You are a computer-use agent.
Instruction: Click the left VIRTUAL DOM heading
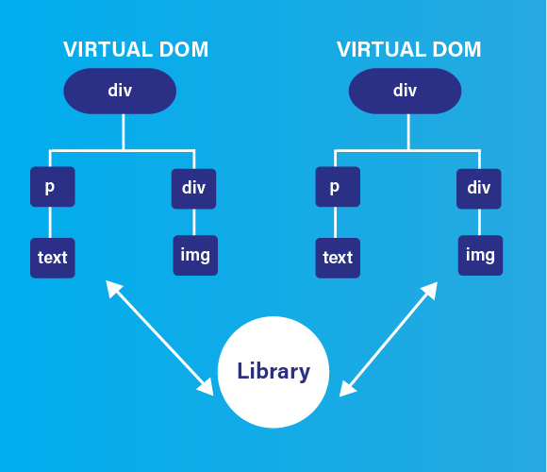136,49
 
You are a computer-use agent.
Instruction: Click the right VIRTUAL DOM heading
409,49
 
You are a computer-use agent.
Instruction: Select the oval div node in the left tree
120,91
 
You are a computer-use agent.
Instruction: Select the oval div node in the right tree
405,91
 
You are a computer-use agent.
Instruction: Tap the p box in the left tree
53,187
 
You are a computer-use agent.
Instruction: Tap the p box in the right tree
338,187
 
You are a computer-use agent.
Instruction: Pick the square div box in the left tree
193,189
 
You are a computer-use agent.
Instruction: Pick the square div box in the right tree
479,189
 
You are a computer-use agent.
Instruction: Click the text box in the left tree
53,258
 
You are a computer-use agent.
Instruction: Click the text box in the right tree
338,258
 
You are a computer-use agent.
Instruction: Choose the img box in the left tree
195,256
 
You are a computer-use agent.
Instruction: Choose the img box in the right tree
480,256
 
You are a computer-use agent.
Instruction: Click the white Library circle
273,372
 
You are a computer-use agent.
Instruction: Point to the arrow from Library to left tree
159,338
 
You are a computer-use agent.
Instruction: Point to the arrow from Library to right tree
389,339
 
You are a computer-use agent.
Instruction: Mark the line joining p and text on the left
50,223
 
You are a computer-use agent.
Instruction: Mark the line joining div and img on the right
479,223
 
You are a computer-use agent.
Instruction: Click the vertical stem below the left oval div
124,132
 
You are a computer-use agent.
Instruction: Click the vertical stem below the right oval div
408,132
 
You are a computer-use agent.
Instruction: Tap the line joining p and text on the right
335,223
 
